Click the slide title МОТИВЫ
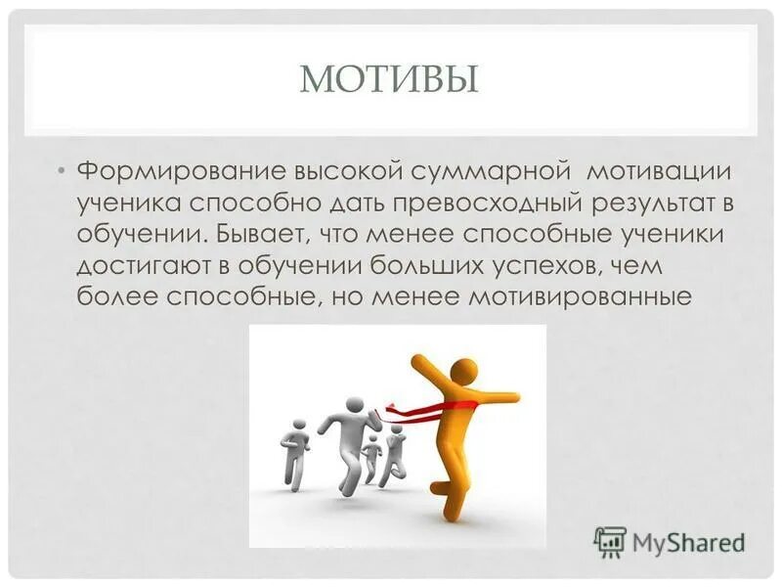pos(389,78)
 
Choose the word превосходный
pos(474,203)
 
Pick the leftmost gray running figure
pos(294,450)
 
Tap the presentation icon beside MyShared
pos(610,542)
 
